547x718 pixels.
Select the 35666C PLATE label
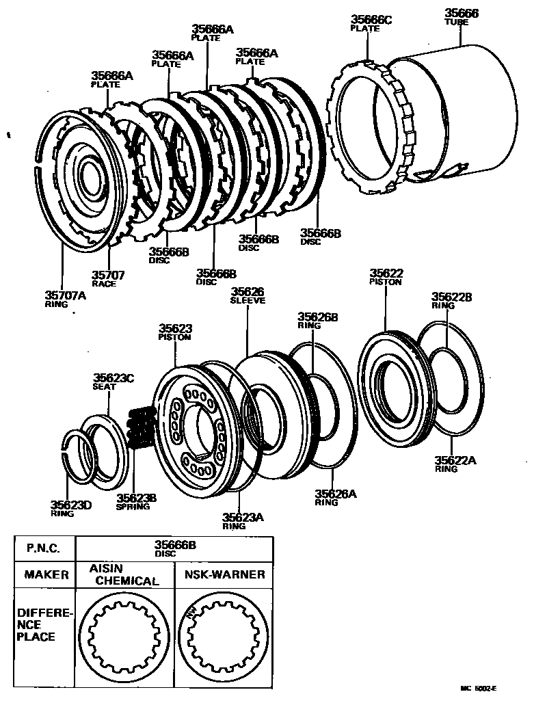[371, 23]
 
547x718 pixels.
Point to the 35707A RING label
[66, 300]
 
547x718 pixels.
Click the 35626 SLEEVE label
[248, 295]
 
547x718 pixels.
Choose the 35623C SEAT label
[114, 381]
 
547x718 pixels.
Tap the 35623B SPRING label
[136, 502]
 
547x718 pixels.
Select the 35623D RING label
[70, 509]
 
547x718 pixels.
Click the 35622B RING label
[451, 301]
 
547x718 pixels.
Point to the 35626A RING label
[335, 497]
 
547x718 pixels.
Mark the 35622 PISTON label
[386, 276]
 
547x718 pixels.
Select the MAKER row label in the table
[46, 575]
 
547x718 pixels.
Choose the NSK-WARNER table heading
[224, 575]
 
